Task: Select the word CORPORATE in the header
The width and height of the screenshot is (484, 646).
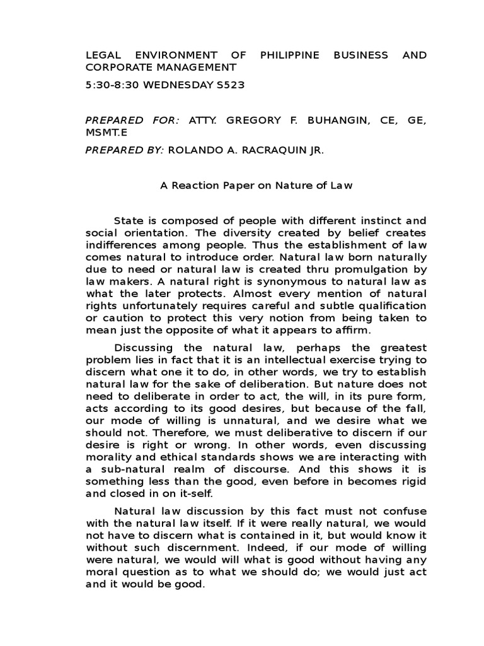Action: coord(118,68)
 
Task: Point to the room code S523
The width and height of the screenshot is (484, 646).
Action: coord(229,84)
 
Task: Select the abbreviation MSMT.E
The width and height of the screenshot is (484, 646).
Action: coord(106,132)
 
